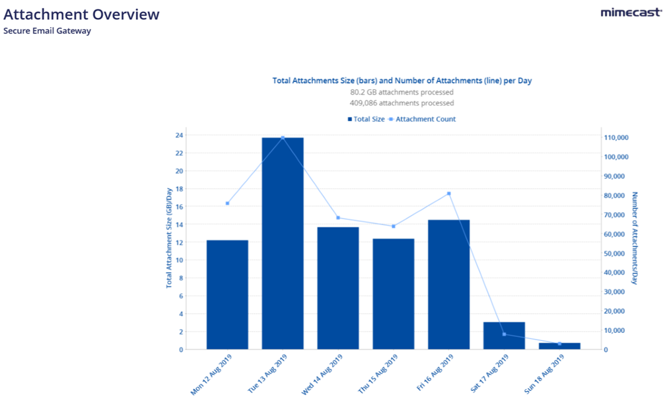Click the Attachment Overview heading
pyautogui.click(x=81, y=14)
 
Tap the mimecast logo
pyautogui.click(x=631, y=13)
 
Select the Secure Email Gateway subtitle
pyautogui.click(x=47, y=30)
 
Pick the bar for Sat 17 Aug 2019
pyautogui.click(x=504, y=336)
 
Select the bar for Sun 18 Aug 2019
pyautogui.click(x=559, y=346)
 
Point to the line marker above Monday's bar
pyautogui.click(x=227, y=203)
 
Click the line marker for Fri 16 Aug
pyautogui.click(x=449, y=194)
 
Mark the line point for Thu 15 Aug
pyautogui.click(x=394, y=227)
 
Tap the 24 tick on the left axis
pyautogui.click(x=180, y=135)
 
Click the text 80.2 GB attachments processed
pyautogui.click(x=402, y=92)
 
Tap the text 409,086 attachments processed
pyautogui.click(x=402, y=103)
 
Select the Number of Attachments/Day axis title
pyautogui.click(x=635, y=238)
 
